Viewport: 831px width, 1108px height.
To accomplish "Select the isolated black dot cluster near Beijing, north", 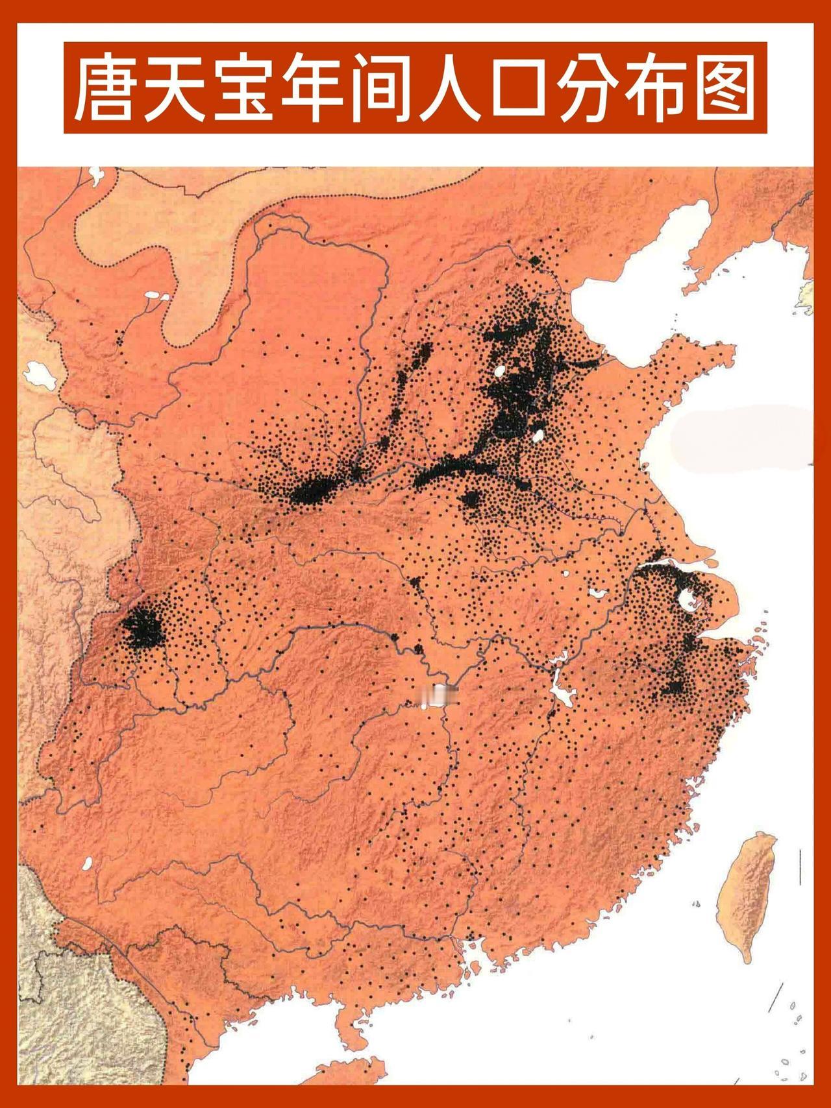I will (x=535, y=261).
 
